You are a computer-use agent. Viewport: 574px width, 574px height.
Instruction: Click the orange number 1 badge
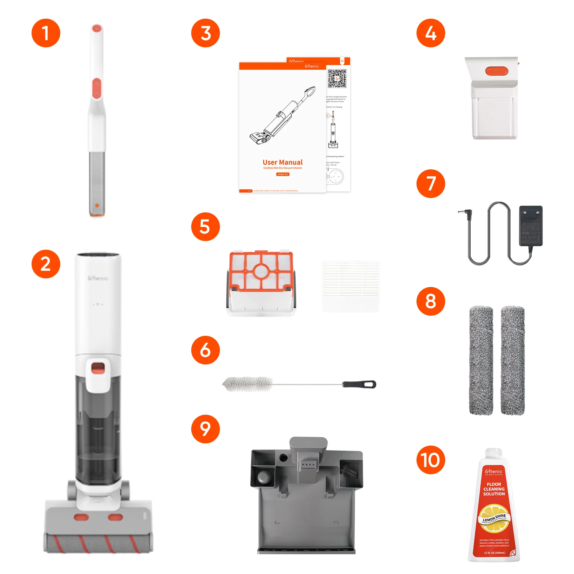(46, 33)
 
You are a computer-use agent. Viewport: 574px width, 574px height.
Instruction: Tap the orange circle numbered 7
(430, 184)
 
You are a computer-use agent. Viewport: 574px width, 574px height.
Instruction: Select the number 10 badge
(430, 460)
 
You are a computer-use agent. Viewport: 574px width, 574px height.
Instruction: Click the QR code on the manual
(337, 79)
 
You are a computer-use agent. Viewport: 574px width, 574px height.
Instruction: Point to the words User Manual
(282, 162)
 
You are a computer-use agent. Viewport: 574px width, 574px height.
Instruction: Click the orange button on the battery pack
(497, 71)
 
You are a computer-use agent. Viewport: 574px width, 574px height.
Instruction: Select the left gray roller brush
(481, 360)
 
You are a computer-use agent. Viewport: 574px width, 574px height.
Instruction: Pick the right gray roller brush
(513, 360)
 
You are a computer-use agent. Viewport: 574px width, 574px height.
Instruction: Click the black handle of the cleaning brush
(359, 384)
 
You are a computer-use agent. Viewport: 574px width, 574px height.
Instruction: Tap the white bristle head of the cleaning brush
(248, 384)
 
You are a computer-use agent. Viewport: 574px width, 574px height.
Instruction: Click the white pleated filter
(350, 286)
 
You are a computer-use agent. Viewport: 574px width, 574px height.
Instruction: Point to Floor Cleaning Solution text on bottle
(494, 489)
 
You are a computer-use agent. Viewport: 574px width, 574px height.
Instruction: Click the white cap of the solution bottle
(494, 453)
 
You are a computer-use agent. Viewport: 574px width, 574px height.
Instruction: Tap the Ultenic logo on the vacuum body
(98, 278)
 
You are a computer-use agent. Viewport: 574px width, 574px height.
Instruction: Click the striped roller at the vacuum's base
(98, 543)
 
